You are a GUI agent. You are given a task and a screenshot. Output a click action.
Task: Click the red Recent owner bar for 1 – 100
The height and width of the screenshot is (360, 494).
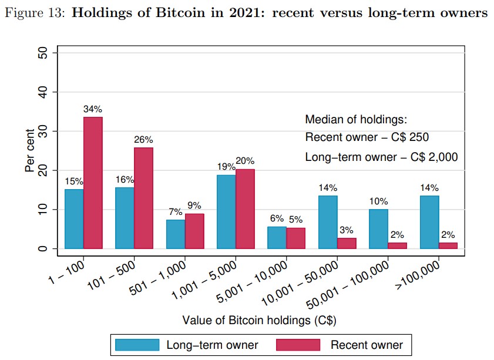[x=93, y=183]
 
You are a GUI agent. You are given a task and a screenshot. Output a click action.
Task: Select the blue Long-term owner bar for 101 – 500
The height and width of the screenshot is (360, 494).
[x=125, y=217]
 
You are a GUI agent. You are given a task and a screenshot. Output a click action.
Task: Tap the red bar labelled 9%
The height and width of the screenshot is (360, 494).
[x=194, y=231]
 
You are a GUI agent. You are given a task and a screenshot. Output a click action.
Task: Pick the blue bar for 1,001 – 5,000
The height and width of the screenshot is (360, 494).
[x=226, y=211]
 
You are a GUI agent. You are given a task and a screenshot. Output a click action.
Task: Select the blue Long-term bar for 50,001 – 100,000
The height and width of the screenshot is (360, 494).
[x=379, y=228]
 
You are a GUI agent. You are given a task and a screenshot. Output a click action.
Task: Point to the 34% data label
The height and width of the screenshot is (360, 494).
[x=93, y=109]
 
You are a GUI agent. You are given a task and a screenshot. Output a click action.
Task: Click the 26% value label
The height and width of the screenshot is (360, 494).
[x=143, y=140]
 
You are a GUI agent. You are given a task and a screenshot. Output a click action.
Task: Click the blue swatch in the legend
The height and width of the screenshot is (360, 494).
[x=137, y=345]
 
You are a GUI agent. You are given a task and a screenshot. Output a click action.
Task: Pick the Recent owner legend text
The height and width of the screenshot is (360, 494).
[x=367, y=345]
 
